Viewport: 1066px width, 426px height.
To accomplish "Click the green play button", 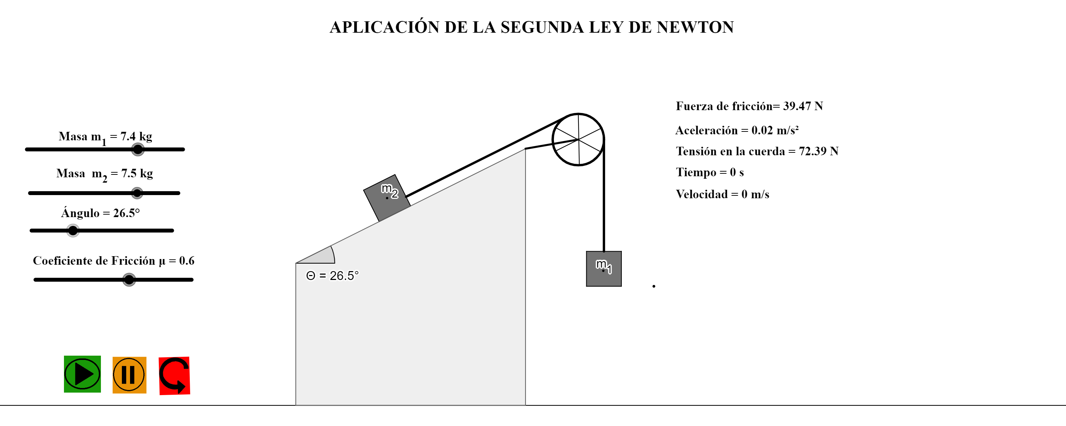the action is pos(82,374).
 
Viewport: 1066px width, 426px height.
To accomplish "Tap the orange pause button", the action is pos(129,375).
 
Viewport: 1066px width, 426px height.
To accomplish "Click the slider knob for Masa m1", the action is pos(138,149).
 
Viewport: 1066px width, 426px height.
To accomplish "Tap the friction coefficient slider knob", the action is pos(129,280).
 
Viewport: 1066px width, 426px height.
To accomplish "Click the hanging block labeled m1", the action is pos(604,269).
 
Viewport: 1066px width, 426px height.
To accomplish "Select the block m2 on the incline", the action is pos(387,198).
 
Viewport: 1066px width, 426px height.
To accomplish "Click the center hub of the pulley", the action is pos(578,140).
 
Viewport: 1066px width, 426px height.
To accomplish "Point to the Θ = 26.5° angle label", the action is pos(332,275).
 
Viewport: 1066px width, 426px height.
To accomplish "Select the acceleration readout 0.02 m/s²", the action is pos(775,130).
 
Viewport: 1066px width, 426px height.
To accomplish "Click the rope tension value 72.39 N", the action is pos(819,151).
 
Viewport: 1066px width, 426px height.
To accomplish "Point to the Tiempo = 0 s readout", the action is pos(710,172).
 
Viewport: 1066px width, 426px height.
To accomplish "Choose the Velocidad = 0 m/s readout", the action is pos(722,194).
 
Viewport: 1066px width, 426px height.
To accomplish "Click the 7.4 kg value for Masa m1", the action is pos(136,136).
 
